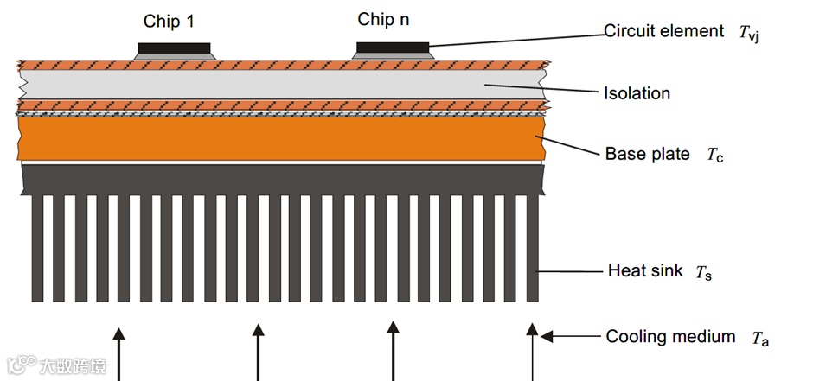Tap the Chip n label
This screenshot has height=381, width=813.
383,20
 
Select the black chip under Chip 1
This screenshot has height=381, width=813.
174,48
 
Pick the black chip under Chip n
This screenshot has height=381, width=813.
392,46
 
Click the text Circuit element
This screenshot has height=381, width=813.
663,31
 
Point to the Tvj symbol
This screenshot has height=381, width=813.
749,34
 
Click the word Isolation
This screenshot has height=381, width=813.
637,93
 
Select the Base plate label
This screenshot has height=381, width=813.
647,155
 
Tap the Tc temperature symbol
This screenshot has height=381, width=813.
714,156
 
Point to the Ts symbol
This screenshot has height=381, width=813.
702,273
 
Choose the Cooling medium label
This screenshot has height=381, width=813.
670,337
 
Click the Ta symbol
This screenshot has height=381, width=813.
760,339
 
